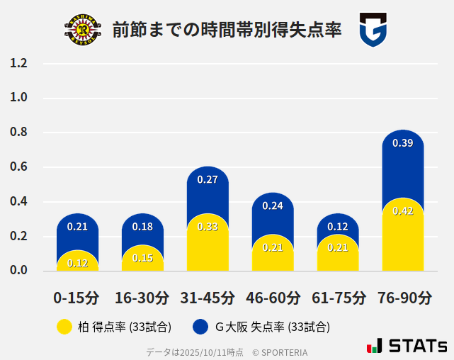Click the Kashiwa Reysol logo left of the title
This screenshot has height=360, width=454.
pyautogui.click(x=83, y=30)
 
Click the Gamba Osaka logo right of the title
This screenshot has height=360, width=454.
pyautogui.click(x=373, y=30)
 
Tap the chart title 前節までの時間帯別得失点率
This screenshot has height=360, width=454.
pyautogui.click(x=227, y=30)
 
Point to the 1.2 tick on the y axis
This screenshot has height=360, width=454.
pyautogui.click(x=18, y=63)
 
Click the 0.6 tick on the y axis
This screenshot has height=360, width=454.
pyautogui.click(x=18, y=167)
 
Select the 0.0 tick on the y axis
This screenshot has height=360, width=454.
pyautogui.click(x=18, y=271)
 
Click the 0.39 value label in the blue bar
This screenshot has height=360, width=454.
pyautogui.click(x=402, y=143)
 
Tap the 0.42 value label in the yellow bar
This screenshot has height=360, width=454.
pyautogui.click(x=402, y=211)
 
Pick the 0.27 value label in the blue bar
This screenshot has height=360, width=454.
pyautogui.click(x=208, y=180)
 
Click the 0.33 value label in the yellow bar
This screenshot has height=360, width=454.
pyautogui.click(x=208, y=227)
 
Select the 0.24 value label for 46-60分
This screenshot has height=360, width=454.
pyautogui.click(x=273, y=206)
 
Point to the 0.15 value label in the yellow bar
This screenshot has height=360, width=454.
pyautogui.click(x=142, y=258)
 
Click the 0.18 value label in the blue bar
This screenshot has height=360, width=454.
pyautogui.click(x=142, y=227)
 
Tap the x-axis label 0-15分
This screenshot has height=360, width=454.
pyautogui.click(x=76, y=298)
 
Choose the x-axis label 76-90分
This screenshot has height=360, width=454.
pyautogui.click(x=404, y=298)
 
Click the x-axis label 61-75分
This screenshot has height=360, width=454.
pyautogui.click(x=339, y=298)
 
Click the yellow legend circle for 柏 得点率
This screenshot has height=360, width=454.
pyautogui.click(x=64, y=327)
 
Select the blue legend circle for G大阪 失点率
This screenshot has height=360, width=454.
pyautogui.click(x=200, y=327)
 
